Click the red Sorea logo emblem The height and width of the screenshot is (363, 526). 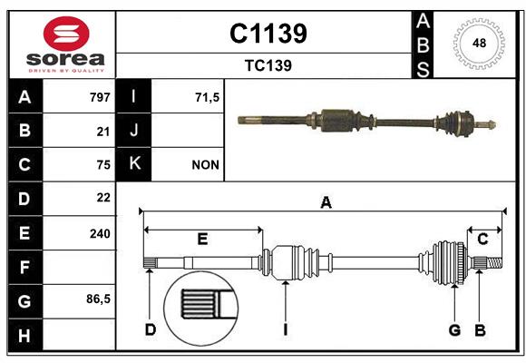[66, 34]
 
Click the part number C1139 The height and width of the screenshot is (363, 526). [268, 34]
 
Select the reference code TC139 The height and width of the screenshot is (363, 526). [268, 65]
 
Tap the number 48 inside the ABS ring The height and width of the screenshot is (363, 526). [479, 43]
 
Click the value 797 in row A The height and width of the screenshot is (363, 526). [100, 97]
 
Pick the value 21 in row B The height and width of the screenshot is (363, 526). [103, 132]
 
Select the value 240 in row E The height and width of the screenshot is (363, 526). [100, 233]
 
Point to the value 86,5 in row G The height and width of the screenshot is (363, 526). [98, 299]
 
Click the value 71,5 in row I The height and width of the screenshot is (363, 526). [208, 98]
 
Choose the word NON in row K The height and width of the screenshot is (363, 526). [206, 165]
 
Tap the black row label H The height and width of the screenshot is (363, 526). [25, 335]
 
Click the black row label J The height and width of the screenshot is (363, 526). [133, 130]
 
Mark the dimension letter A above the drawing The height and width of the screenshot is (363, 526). [326, 202]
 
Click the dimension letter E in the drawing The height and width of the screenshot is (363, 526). [202, 239]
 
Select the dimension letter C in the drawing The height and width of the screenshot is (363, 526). [482, 239]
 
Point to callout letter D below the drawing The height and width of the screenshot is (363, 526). [151, 329]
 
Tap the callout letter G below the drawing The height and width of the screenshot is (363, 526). [454, 329]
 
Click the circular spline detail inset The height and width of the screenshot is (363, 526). [201, 309]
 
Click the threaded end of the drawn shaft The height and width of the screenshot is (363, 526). [494, 262]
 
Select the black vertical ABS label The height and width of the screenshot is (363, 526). [423, 45]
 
